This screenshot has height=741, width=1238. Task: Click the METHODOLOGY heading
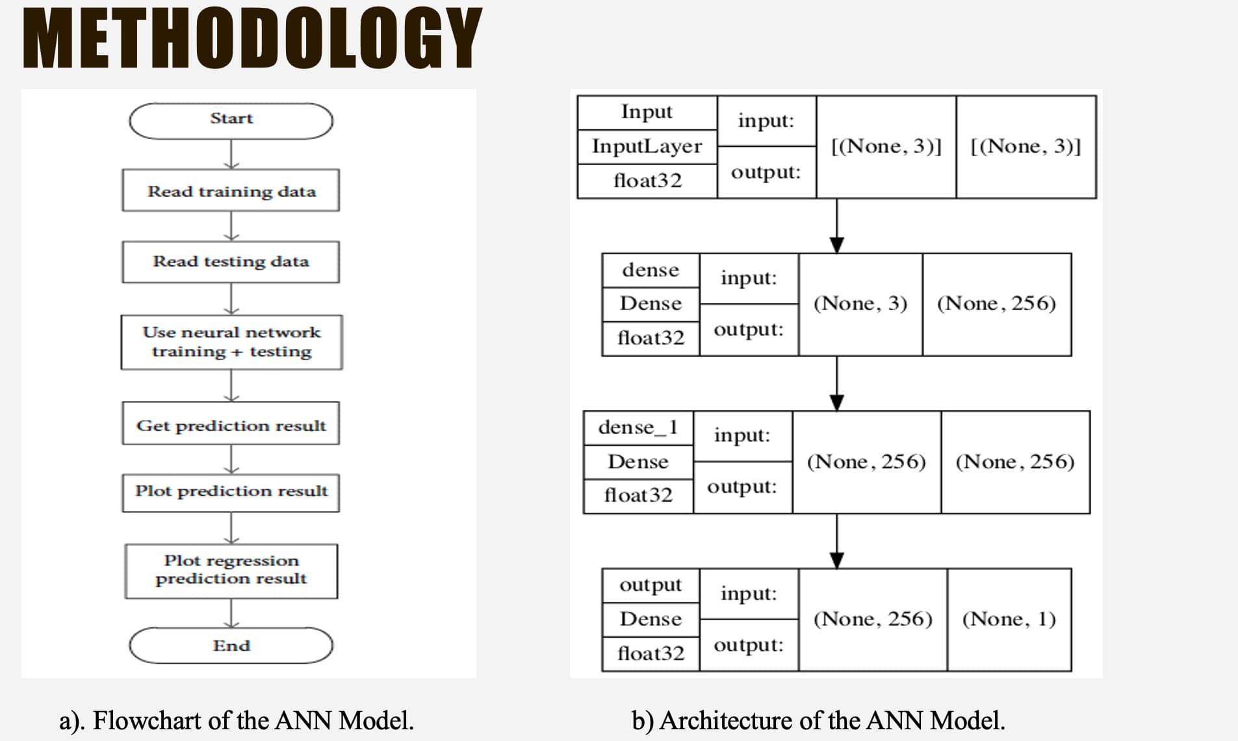[x=252, y=39]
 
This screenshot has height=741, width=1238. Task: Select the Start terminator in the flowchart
[x=231, y=120]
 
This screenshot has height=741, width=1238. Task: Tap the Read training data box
[x=231, y=190]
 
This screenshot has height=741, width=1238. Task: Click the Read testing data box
[x=231, y=261]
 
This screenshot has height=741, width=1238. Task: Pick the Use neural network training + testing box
[x=231, y=342]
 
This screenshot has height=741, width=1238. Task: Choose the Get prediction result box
[x=231, y=425]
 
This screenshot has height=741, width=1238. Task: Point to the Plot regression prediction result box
[x=231, y=570]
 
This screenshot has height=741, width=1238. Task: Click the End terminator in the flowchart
[x=231, y=645]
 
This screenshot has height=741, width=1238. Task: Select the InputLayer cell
[x=647, y=146]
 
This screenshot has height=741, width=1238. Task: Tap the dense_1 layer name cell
[x=638, y=427]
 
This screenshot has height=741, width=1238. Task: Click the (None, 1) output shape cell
[x=1009, y=619]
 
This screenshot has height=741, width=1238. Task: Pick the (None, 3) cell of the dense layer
[x=860, y=304]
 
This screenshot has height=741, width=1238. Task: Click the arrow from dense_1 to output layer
[x=837, y=541]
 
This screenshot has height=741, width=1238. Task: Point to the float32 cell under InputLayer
[x=647, y=181]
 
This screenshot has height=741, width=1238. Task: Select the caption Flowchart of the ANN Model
[x=237, y=720]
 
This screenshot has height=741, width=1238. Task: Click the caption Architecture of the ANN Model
[x=818, y=720]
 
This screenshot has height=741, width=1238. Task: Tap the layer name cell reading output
[x=650, y=585]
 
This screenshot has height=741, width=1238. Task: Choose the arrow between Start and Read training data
[x=231, y=154]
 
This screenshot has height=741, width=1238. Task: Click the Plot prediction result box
[x=231, y=491]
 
